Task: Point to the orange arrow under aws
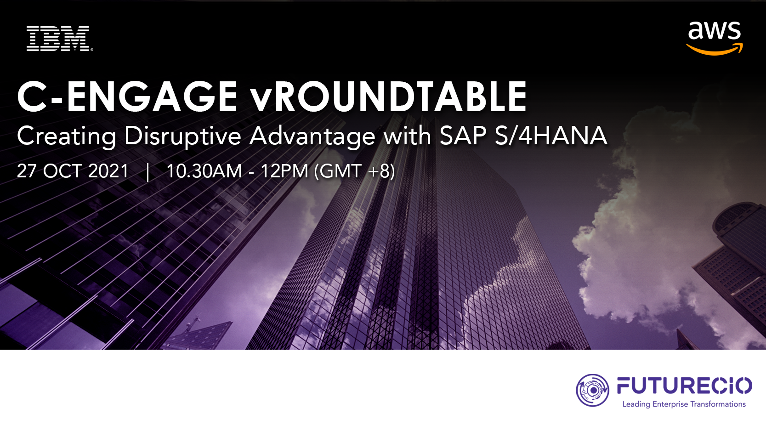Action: pos(715,49)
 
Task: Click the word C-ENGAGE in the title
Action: pos(127,97)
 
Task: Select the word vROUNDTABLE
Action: pos(388,97)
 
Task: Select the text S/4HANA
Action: pos(551,136)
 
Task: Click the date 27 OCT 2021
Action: pos(73,171)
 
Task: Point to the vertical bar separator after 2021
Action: pos(148,172)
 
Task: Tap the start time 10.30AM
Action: pos(204,171)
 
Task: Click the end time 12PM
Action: pos(284,171)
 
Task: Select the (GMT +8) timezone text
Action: pos(355,171)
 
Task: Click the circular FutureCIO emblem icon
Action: pos(593,390)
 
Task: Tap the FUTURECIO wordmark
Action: pos(685,386)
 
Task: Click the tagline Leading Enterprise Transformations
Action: pos(684,404)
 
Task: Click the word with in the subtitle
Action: pos(407,136)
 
